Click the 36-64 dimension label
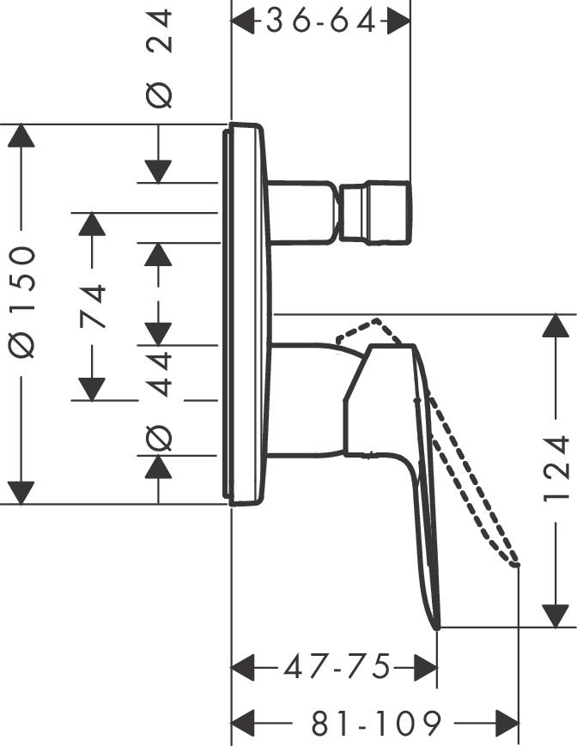pyautogui.click(x=321, y=21)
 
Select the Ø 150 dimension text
pyautogui.click(x=23, y=301)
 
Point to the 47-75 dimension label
pyautogui.click(x=337, y=665)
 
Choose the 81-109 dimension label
pyautogui.click(x=377, y=723)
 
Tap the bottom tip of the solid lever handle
pyautogui.click(x=438, y=626)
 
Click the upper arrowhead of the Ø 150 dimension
pyautogui.click(x=21, y=137)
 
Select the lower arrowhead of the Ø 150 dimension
pyautogui.click(x=21, y=492)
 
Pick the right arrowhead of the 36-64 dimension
pyautogui.click(x=397, y=21)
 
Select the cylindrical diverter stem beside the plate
pyautogui.click(x=301, y=211)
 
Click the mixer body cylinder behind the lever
pyautogui.click(x=305, y=399)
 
